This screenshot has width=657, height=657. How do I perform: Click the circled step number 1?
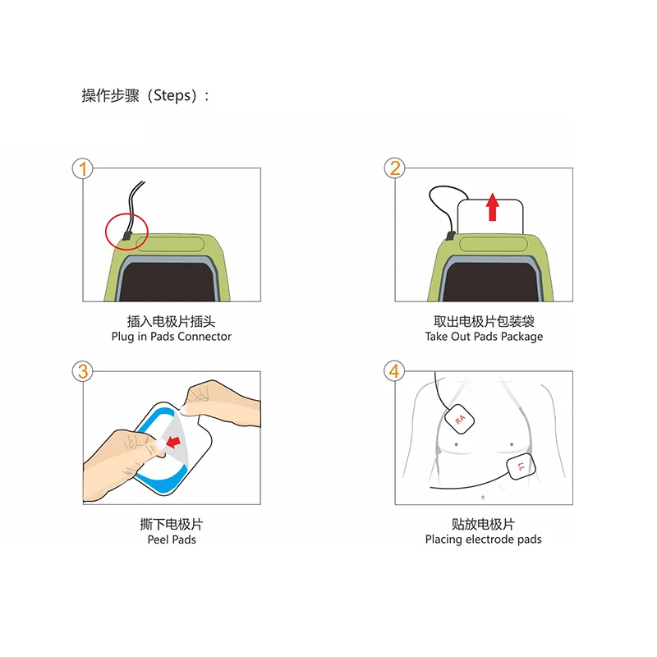pos(83,169)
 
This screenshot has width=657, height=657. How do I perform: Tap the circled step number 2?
pos(395,168)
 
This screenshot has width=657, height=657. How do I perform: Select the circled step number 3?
pos(83,371)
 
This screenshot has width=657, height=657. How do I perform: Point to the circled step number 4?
pos(394,371)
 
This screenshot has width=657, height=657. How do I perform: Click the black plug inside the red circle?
pos(127,236)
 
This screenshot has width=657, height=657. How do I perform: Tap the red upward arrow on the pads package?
pos(493,207)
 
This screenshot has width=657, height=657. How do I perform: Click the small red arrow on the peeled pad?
pos(173,441)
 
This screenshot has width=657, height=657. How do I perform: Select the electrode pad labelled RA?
pos(459,419)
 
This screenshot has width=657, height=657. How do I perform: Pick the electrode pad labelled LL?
pos(521,466)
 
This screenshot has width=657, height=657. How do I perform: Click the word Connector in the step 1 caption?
pos(204,337)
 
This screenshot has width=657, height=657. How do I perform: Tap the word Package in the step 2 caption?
pos(521,337)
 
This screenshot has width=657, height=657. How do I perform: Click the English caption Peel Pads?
pos(172,540)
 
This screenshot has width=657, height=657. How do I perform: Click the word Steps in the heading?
pos(172,95)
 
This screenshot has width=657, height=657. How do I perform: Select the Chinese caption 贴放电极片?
pos(483,524)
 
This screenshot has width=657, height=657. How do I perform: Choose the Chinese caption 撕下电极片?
pos(172,524)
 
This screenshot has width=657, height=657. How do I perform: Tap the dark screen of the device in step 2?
pos(490,282)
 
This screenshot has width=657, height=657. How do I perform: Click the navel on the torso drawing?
pos(483,498)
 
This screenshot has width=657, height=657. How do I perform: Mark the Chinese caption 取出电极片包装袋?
pos(484,321)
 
